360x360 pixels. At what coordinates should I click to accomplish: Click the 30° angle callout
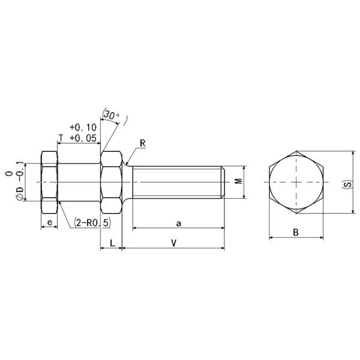click(x=111, y=114)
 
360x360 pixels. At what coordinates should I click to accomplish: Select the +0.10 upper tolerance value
click(x=83, y=127)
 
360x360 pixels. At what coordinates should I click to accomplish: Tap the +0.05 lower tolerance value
click(x=83, y=137)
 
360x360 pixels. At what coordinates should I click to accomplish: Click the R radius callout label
click(x=142, y=143)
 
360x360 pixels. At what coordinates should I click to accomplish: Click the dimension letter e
click(x=49, y=223)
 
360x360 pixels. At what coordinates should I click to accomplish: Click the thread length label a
click(x=178, y=223)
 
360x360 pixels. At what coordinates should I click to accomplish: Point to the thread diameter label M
click(x=238, y=181)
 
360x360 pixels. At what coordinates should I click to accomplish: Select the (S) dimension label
click(x=346, y=182)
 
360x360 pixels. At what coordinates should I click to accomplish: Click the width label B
click(x=296, y=232)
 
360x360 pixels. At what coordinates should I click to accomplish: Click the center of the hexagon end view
click(x=296, y=182)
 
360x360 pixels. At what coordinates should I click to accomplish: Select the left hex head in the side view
click(x=49, y=182)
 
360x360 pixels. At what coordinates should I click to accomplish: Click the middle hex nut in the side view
click(x=110, y=182)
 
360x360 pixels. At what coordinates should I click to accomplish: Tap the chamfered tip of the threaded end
click(x=223, y=182)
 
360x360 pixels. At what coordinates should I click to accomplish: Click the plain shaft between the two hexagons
click(x=79, y=182)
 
